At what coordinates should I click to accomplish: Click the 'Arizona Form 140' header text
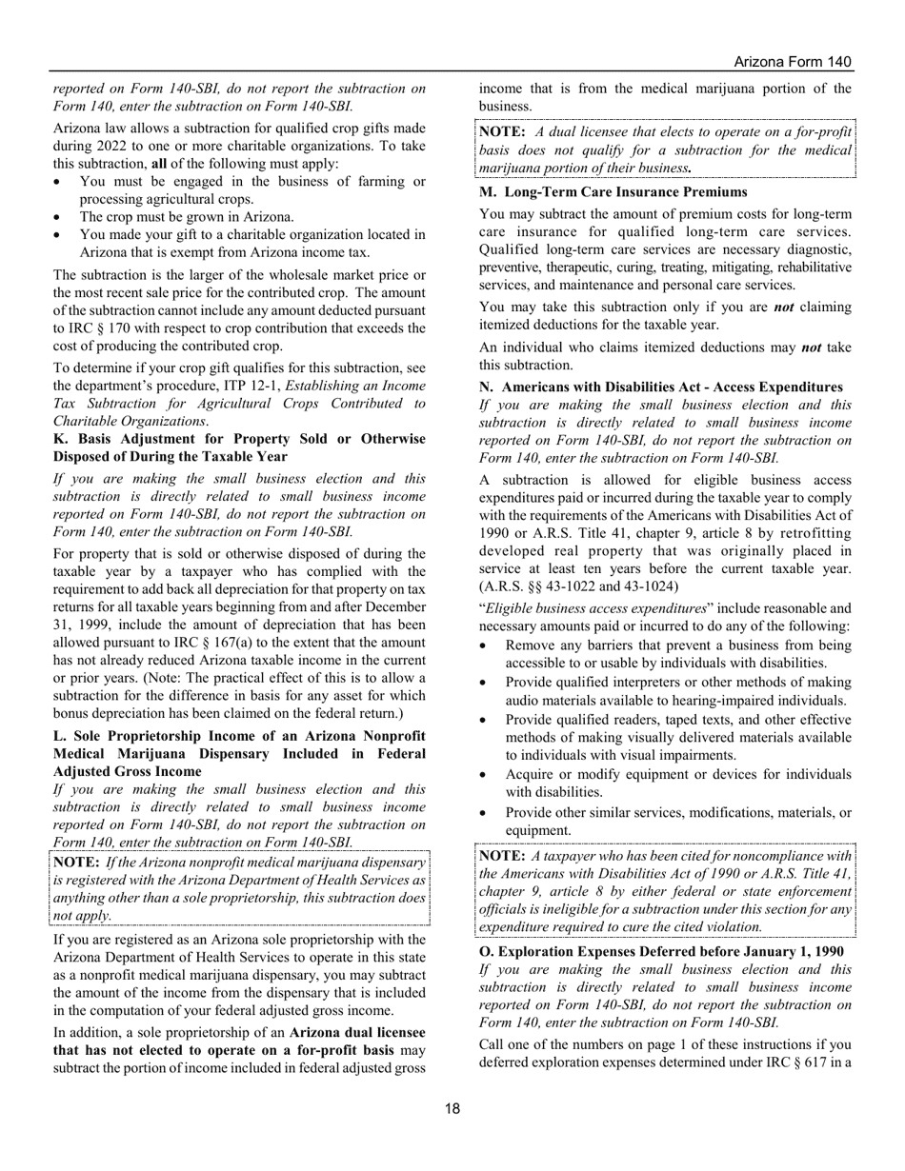click(792, 62)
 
